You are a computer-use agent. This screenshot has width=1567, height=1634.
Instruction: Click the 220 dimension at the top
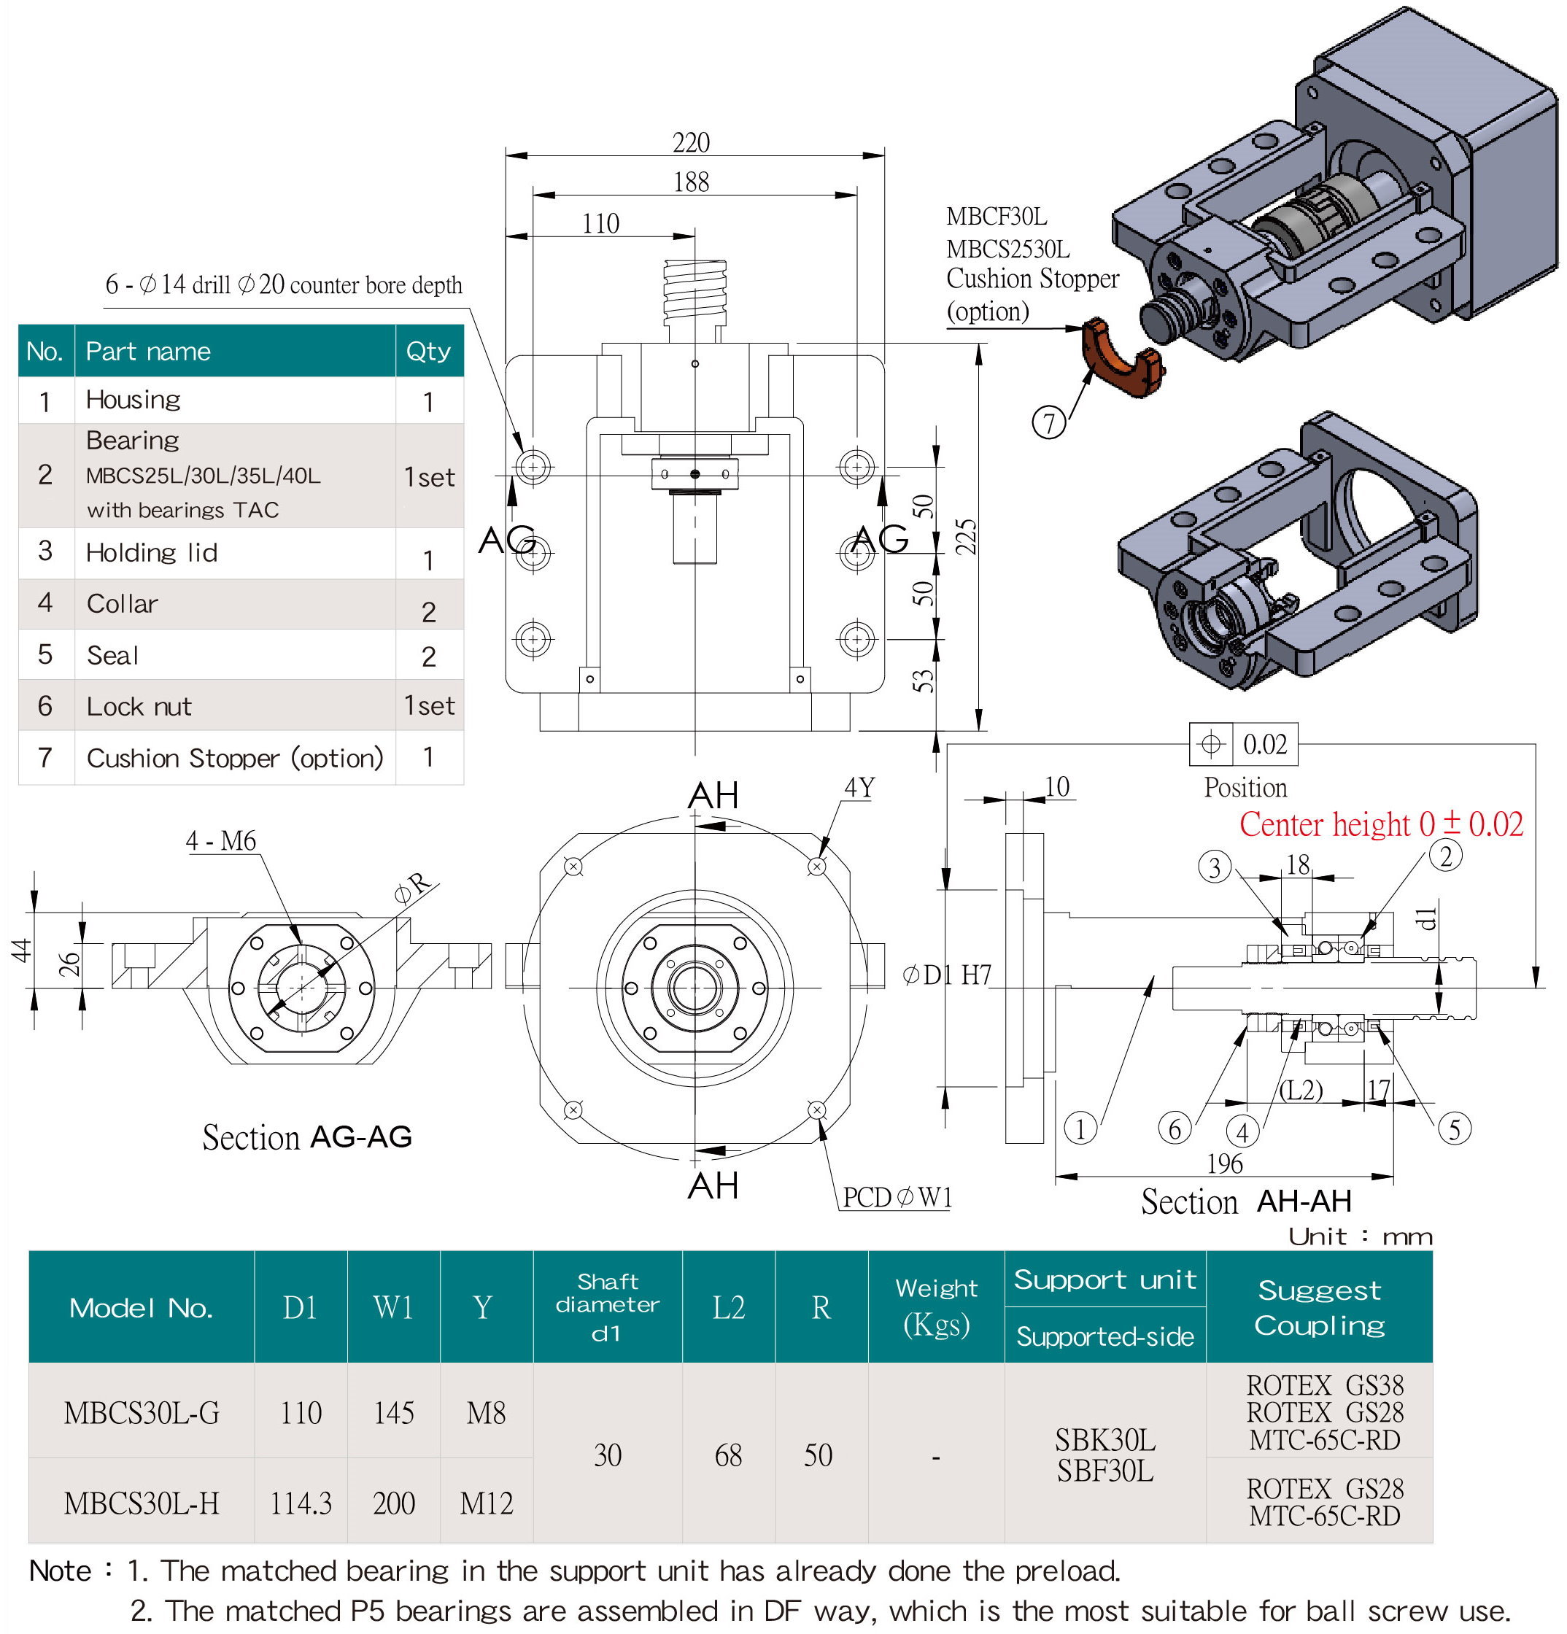tap(691, 142)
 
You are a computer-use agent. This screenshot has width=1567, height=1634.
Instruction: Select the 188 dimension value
tap(691, 182)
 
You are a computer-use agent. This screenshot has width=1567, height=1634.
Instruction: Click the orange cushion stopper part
tap(1121, 358)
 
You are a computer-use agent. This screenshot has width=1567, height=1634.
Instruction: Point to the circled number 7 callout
tap(1048, 422)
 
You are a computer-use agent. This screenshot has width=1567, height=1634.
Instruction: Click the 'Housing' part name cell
tap(134, 400)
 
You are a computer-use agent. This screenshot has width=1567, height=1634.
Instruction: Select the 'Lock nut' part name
tap(139, 707)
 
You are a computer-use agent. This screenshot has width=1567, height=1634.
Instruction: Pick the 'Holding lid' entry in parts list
tap(152, 553)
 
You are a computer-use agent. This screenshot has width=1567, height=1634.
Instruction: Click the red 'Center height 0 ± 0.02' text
tap(1380, 824)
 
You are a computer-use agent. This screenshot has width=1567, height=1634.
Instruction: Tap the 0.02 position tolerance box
tap(1264, 743)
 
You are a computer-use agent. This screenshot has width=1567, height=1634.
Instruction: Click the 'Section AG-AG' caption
tap(306, 1137)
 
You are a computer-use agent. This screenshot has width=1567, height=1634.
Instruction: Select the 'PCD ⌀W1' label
tap(897, 1197)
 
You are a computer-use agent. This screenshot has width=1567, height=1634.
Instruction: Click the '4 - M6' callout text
tap(220, 840)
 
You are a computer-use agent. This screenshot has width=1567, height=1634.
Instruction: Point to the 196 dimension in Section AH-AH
tap(1224, 1163)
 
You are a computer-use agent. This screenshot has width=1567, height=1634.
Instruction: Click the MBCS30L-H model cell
tap(142, 1503)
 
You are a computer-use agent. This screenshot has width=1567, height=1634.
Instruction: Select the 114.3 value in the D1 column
tap(300, 1503)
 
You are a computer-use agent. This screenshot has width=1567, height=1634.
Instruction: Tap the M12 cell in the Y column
tap(486, 1503)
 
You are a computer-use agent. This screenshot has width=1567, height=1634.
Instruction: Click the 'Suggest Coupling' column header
tap(1319, 1307)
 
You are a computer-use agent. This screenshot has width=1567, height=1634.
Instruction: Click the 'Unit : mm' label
tap(1360, 1236)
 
